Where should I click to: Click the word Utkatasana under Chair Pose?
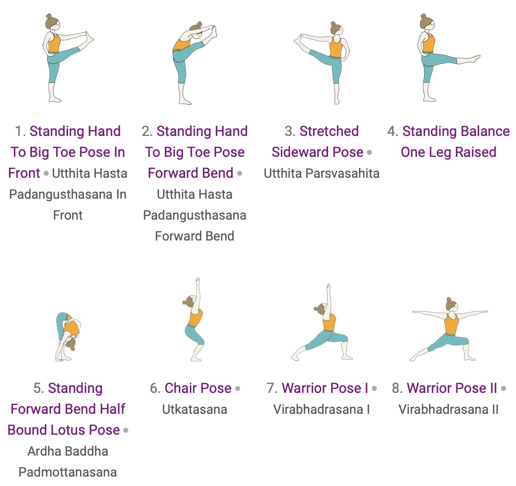pos(194,409)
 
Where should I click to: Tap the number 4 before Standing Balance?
pos(392,131)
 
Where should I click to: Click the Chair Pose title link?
pos(198,388)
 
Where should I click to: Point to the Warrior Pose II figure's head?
pos(451,306)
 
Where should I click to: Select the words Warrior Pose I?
pos(325,388)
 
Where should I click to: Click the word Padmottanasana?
pos(68,472)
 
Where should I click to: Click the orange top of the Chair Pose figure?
pos(195,318)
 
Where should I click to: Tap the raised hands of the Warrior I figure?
pos(328,287)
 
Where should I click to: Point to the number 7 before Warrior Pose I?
pos(271,388)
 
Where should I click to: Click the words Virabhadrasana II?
pos(448,409)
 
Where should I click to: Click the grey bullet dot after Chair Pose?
pos(238,389)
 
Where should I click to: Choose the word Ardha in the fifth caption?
pos(43,451)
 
